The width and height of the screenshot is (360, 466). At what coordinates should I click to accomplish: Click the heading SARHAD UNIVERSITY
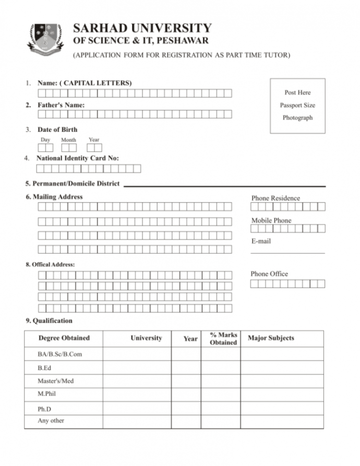click(x=142, y=28)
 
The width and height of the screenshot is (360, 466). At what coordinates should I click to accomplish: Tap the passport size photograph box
click(x=297, y=105)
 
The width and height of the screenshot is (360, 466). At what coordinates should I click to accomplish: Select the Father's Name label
click(x=61, y=105)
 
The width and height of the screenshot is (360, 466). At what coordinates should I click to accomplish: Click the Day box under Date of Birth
click(x=45, y=148)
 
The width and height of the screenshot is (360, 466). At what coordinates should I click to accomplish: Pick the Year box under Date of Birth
click(x=94, y=148)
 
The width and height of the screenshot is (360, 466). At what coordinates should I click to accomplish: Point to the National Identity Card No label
click(x=77, y=158)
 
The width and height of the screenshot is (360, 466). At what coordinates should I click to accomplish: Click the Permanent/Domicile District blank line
click(x=224, y=186)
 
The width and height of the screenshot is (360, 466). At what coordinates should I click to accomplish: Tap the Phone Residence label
click(x=275, y=198)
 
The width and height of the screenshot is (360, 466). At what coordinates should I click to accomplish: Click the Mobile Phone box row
click(x=287, y=229)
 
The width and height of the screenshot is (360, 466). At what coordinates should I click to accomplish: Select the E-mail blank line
click(x=287, y=253)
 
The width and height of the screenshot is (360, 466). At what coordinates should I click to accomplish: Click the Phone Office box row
click(x=287, y=284)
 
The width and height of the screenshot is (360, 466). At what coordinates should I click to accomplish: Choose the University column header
click(x=146, y=338)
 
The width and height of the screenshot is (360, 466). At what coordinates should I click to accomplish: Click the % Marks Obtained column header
click(x=223, y=339)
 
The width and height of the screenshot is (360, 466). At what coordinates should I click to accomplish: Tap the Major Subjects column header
click(x=271, y=338)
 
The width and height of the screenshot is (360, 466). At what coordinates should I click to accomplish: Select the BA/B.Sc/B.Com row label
click(x=59, y=354)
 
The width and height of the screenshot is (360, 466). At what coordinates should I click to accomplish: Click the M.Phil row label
click(x=47, y=395)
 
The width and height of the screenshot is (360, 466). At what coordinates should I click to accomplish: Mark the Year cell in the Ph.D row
click(x=186, y=408)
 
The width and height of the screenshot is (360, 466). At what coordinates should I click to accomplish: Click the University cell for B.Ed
click(x=137, y=368)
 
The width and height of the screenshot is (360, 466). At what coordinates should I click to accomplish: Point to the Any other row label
click(x=51, y=421)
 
